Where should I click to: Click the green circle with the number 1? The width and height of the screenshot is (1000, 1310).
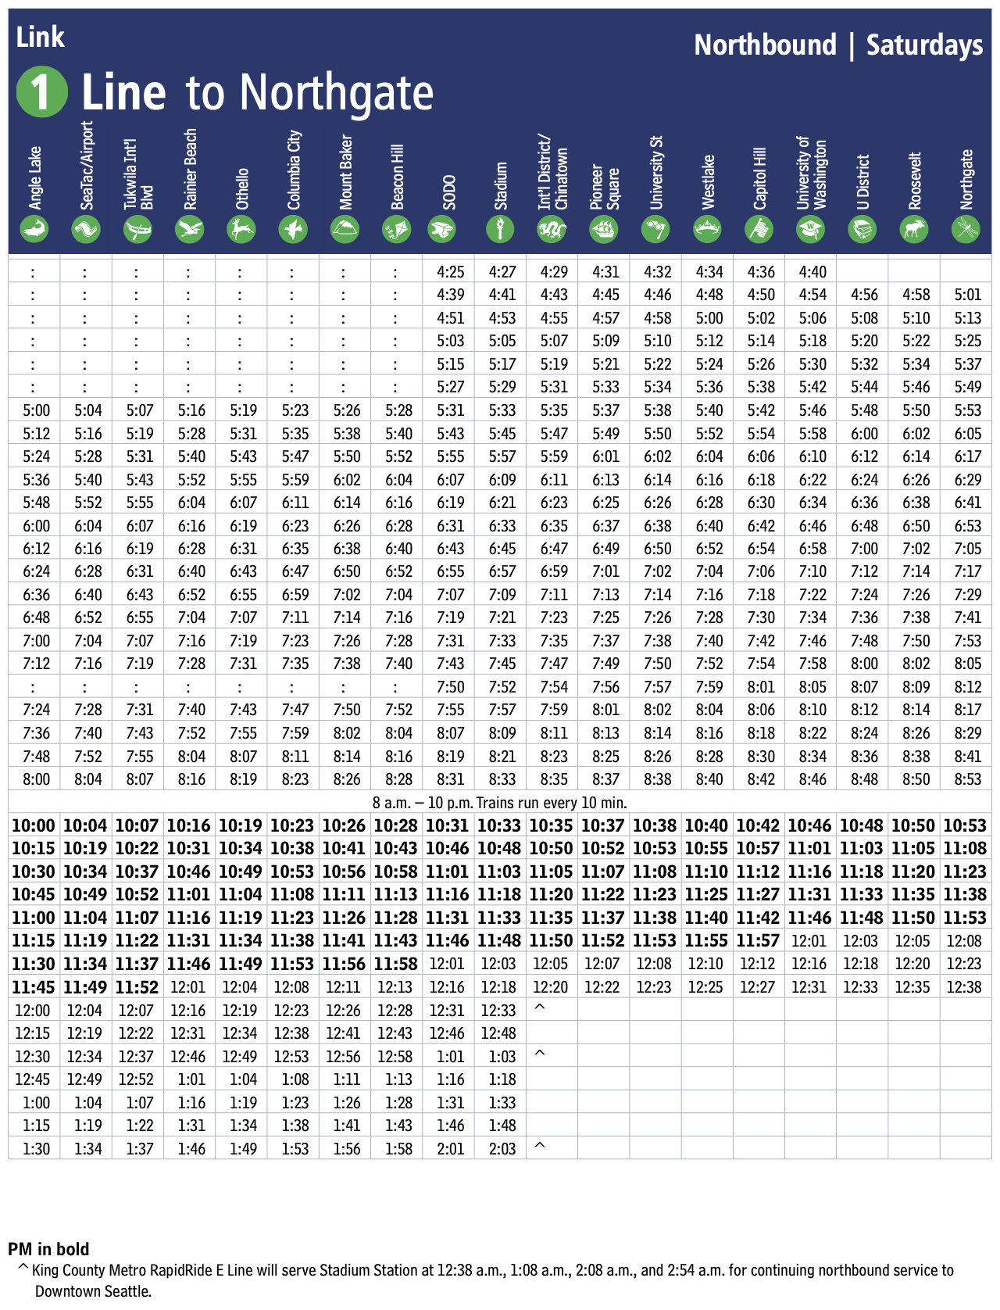click(42, 92)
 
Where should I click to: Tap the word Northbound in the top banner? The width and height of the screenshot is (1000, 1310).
click(765, 45)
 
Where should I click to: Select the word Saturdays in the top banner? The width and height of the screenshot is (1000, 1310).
click(924, 45)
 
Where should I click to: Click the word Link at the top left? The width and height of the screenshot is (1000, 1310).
click(40, 37)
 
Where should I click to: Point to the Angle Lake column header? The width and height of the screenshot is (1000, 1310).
click(35, 178)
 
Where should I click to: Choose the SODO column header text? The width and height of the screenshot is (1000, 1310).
click(449, 191)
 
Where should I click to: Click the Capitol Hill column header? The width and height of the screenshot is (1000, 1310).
click(759, 178)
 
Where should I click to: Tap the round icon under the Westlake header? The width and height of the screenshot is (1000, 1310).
click(708, 229)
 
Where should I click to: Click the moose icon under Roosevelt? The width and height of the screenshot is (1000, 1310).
click(914, 229)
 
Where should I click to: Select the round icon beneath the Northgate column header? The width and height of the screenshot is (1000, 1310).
click(966, 229)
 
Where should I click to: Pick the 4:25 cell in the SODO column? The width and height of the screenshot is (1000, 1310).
click(450, 272)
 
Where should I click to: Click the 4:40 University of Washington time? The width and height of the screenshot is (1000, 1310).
click(812, 272)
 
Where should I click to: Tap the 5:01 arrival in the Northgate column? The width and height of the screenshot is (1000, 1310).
click(967, 295)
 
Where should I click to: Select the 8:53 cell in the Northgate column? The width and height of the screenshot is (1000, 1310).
click(967, 779)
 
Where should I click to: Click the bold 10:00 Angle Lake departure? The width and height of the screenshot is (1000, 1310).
click(34, 826)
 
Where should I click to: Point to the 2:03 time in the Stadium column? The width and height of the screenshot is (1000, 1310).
click(502, 1149)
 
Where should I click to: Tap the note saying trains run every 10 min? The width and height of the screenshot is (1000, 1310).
click(500, 803)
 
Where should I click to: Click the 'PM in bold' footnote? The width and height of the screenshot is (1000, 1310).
click(48, 1249)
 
